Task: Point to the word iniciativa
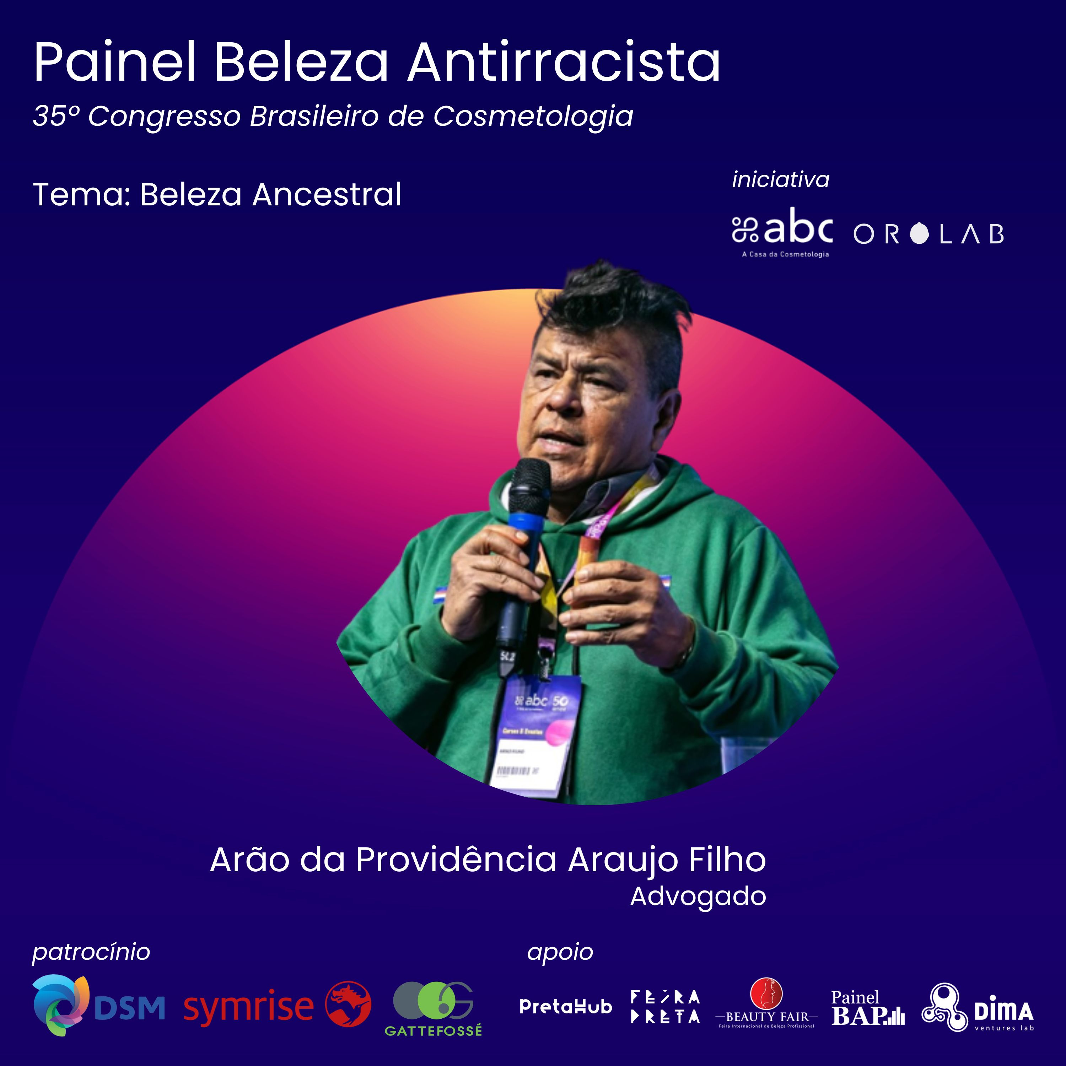(780, 180)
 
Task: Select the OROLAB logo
(928, 234)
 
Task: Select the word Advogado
(698, 897)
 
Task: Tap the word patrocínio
(91, 952)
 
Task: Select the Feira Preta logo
(666, 1007)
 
